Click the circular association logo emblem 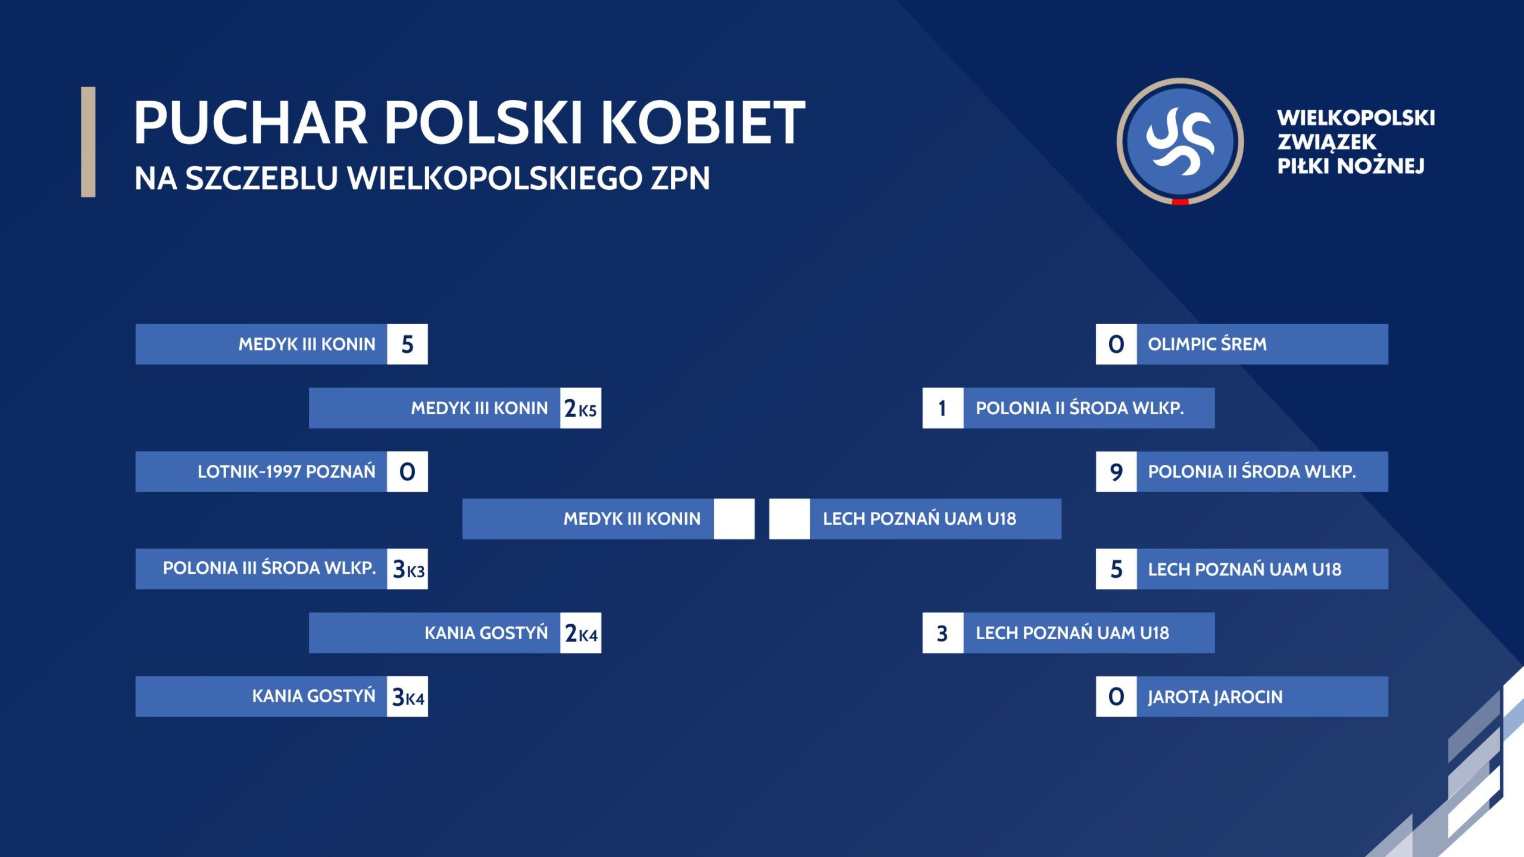1180,142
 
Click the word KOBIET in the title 702,123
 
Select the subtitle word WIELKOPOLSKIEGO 495,178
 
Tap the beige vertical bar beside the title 88,142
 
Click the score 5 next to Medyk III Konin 407,344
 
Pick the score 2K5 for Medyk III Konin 580,408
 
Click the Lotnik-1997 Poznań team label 286,472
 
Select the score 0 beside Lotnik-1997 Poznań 407,472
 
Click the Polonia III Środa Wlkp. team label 269,568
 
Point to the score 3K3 407,569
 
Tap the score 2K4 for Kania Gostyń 580,633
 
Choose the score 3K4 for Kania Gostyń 407,696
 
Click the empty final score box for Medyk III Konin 734,519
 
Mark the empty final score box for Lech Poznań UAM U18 789,519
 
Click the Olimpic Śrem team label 1207,344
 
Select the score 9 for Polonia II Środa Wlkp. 1116,472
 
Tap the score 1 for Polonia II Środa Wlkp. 943,408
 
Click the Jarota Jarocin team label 1215,697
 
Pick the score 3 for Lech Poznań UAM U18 943,633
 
